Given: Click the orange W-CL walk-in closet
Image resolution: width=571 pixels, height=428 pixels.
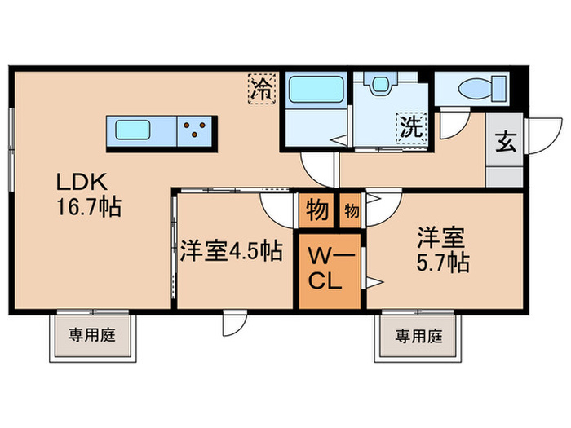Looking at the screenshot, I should click(330, 269).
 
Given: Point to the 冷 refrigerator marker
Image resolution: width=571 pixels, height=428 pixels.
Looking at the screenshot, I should click(263, 86).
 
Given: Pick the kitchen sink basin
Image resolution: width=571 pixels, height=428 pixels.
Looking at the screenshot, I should click(132, 130).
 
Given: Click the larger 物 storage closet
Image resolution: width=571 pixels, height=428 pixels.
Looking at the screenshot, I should click(317, 210).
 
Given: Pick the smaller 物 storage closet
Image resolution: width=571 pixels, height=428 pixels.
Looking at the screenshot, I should click(352, 210).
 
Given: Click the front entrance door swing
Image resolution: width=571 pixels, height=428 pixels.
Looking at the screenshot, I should click(538, 136).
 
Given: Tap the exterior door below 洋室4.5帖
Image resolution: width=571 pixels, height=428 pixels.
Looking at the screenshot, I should click(232, 324).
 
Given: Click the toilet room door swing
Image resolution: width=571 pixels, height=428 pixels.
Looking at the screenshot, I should click(450, 122).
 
